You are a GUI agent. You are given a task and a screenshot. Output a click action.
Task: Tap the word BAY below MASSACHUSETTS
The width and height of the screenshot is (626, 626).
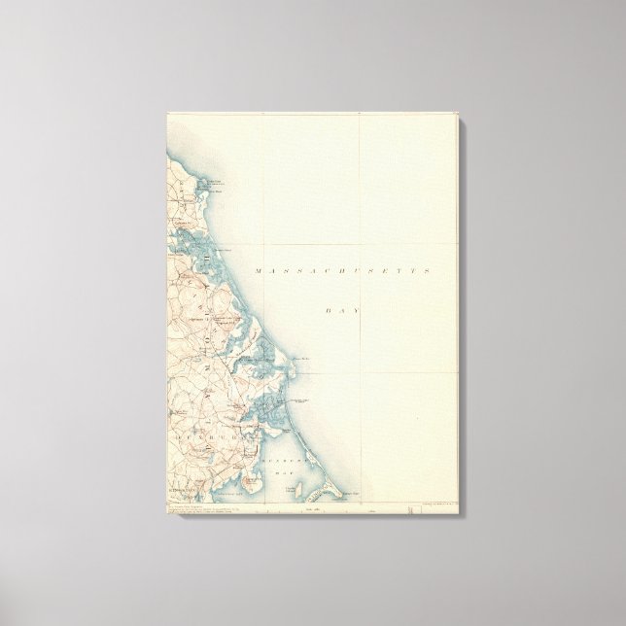[x=342, y=309]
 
